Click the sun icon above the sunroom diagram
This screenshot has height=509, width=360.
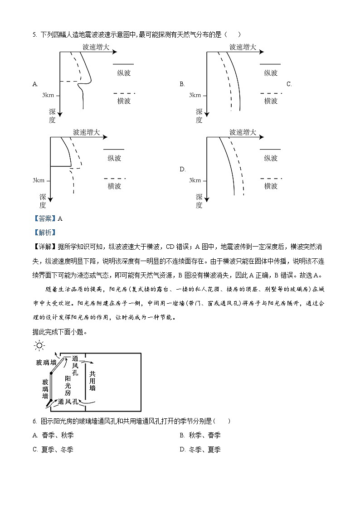pyautogui.click(x=39, y=346)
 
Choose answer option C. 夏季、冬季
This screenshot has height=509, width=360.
pyautogui.click(x=53, y=450)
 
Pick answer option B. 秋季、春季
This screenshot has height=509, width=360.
pyautogui.click(x=200, y=435)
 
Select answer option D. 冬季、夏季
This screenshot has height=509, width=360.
pyautogui.click(x=200, y=450)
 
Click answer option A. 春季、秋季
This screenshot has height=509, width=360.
pyautogui.click(x=53, y=435)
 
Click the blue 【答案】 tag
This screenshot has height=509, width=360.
pyautogui.click(x=45, y=218)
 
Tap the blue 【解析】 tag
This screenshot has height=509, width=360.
pyautogui.click(x=45, y=233)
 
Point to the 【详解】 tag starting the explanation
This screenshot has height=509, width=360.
pyautogui.click(x=45, y=247)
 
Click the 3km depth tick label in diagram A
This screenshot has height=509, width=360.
pyautogui.click(x=49, y=95)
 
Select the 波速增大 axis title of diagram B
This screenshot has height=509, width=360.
pyautogui.click(x=243, y=47)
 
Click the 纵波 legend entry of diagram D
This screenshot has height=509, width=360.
pyautogui.click(x=271, y=158)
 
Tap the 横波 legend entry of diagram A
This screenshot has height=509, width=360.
pyautogui.click(x=124, y=101)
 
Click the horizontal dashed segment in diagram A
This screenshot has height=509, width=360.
pyautogui.click(x=69, y=82)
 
